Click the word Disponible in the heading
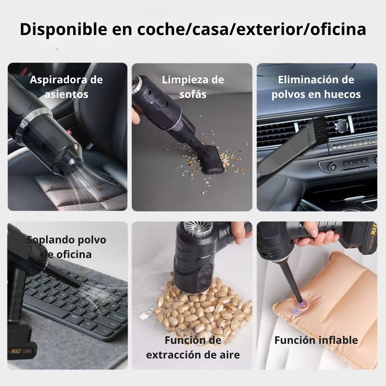64,30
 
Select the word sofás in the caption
193,94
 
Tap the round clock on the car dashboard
341,125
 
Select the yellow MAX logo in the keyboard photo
16,351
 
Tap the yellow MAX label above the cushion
374,231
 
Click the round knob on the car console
332,167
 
